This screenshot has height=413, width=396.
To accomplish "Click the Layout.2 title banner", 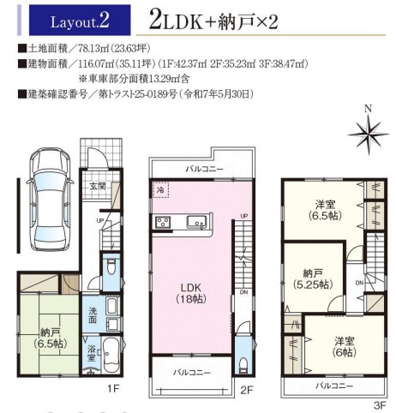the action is point(80,21).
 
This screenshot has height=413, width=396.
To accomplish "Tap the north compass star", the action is point(369,134).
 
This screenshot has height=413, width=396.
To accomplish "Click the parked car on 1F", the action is point(49,200).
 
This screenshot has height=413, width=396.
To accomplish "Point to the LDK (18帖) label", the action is point(190,293).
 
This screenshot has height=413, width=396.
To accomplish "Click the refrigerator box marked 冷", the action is point(161,189).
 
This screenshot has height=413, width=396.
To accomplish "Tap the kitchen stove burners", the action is point(163,222).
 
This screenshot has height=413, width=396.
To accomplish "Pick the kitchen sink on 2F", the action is point(197,222).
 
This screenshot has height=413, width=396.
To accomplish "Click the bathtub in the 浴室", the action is point(111,356).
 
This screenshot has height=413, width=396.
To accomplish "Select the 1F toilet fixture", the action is point(111,267).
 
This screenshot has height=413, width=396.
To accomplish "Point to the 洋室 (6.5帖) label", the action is point(325,210).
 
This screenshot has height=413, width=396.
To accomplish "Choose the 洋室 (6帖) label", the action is point(345,347).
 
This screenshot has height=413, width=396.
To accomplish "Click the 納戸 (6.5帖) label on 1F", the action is point(50,338).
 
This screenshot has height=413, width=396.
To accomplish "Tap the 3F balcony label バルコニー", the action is point(334,386).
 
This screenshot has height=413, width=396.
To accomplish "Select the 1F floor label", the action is point(113,388).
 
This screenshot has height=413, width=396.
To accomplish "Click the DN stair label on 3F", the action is point(359,283).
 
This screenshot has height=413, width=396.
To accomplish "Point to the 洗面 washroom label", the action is point(93,315).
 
